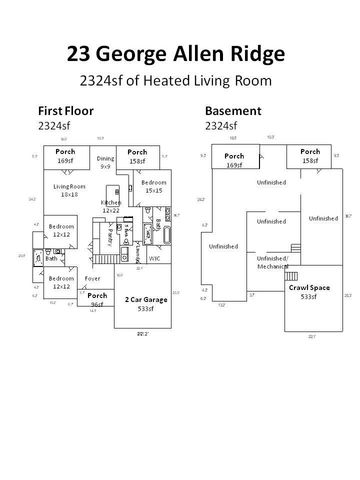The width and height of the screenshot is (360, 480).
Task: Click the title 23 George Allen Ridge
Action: point(180,52)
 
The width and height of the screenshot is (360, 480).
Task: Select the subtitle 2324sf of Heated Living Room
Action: point(180,81)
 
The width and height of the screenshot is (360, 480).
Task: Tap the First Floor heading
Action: point(64,110)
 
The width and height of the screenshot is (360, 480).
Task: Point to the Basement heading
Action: point(232,110)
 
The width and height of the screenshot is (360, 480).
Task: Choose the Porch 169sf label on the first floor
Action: point(65,155)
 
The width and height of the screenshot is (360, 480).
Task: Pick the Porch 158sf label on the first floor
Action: point(136,155)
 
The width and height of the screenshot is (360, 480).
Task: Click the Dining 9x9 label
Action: point(105,162)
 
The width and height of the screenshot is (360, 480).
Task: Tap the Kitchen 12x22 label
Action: point(110,207)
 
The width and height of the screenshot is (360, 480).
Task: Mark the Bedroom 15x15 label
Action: point(153,187)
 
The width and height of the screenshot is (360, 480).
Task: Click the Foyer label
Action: point(92,278)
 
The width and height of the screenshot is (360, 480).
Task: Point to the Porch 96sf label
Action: point(97,299)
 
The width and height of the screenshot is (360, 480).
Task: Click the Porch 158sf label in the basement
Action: point(303,155)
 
